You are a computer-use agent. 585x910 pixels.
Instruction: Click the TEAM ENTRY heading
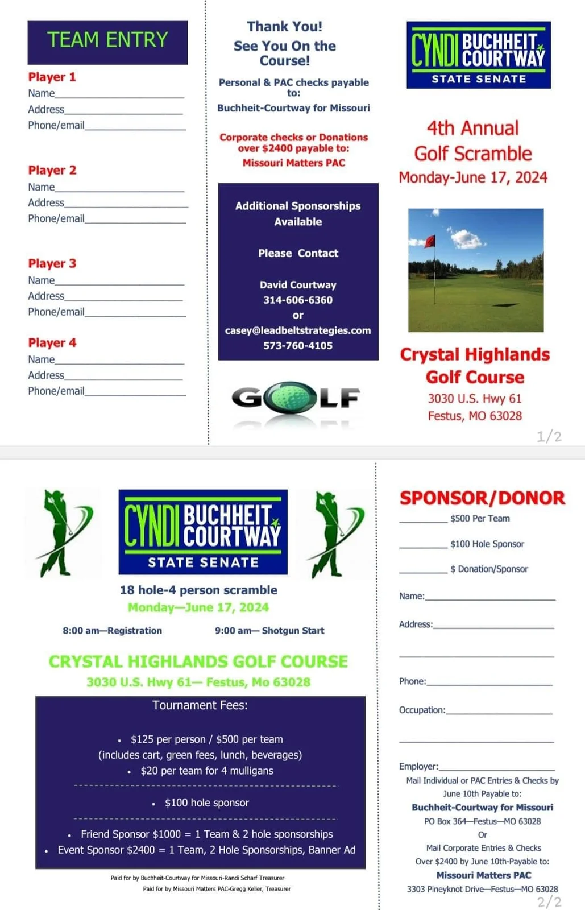pos(107,40)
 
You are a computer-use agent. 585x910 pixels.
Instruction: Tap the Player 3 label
pos(52,263)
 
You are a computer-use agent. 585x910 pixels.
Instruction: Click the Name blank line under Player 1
pos(119,97)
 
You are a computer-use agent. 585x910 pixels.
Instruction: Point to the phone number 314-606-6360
pos(298,300)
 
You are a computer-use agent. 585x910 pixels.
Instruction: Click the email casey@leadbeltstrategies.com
pos(298,330)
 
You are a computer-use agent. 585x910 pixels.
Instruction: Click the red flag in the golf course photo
pos(430,241)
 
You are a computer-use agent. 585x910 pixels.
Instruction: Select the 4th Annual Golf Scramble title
pos(473,141)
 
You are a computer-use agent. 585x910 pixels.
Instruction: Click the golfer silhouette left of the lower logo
pos(62,533)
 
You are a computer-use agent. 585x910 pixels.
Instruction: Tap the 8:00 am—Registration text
pos(112,630)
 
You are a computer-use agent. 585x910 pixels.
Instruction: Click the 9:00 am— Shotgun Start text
pos(269,630)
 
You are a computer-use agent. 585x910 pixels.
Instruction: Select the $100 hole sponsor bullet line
pos(206,803)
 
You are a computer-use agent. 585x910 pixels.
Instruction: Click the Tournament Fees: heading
pos(200,705)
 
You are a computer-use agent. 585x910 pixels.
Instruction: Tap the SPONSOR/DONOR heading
pos(482,498)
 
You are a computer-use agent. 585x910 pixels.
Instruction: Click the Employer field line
pos(496,769)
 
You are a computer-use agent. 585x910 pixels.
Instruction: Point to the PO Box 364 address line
pos(482,821)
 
